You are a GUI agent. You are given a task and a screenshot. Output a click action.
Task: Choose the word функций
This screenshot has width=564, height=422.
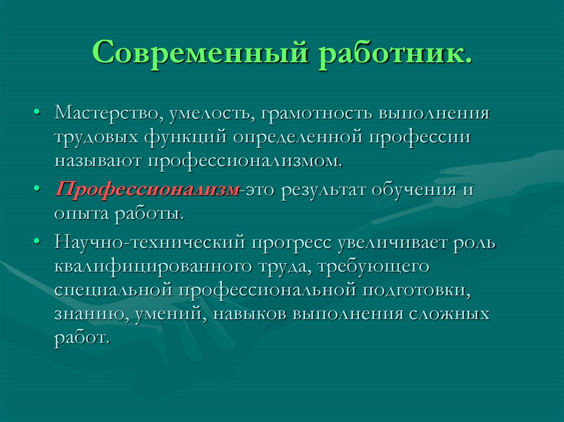(x=186, y=138)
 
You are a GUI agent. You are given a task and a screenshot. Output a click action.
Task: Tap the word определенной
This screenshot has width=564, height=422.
(x=296, y=138)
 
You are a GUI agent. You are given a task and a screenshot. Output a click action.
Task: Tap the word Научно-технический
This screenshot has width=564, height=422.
(x=149, y=243)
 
